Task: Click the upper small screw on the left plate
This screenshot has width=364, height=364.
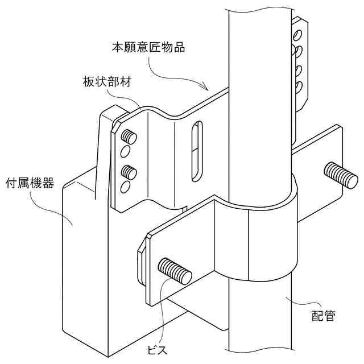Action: point(129,137)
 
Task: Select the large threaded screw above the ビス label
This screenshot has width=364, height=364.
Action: point(175,271)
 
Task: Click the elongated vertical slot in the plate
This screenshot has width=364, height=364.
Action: point(196,150)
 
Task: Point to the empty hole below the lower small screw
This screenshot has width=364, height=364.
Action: point(125,187)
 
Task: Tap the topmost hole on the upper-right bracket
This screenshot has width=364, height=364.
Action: point(297,36)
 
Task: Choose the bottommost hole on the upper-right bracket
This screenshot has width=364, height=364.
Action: point(297,87)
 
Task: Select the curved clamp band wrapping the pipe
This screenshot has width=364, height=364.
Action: point(267,245)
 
